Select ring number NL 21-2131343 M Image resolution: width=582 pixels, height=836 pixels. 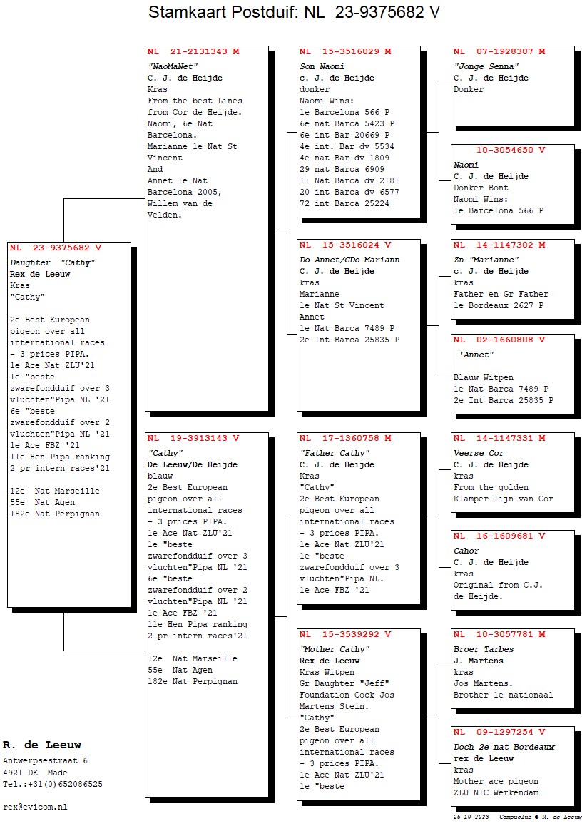click(193, 52)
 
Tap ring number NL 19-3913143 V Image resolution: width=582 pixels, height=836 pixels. click(193, 438)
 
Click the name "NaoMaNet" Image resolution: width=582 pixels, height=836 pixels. click(173, 66)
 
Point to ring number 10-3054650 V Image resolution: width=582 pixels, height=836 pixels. click(511, 150)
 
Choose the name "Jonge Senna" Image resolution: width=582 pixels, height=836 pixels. click(486, 66)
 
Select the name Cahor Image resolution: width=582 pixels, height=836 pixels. click(466, 551)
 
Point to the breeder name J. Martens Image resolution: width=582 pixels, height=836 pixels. click(478, 661)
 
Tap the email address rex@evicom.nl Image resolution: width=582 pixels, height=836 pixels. click(35, 807)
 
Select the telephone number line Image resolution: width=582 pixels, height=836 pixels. click(53, 784)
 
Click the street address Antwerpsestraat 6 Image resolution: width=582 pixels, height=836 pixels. click(46, 761)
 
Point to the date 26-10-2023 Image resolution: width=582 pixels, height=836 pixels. click(471, 817)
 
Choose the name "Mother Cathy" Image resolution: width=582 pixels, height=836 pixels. click(335, 649)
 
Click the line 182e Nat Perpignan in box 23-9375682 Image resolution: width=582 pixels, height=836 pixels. click(55, 514)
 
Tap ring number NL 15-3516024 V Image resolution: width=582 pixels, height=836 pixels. click(345, 245)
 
